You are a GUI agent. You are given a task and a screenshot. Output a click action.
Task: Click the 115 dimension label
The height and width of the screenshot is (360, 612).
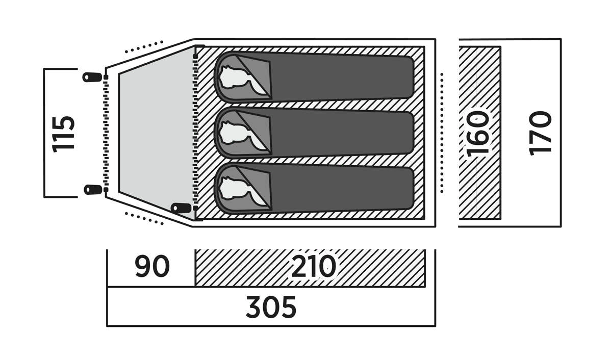[63, 134]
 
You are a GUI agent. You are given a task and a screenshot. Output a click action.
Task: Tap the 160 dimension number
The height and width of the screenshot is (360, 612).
[478, 134]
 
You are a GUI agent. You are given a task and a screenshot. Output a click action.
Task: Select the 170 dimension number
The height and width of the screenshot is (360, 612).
[540, 134]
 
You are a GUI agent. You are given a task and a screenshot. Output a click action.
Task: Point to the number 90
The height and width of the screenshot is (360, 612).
[152, 266]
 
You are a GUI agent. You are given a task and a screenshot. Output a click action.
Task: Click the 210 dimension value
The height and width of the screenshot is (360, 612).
[313, 266]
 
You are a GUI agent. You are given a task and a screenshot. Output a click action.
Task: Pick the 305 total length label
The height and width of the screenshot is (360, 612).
[271, 307]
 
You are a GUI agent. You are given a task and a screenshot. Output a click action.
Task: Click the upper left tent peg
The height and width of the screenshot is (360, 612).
[92, 78]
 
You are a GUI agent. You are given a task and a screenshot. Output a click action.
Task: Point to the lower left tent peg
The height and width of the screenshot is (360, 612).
[93, 190]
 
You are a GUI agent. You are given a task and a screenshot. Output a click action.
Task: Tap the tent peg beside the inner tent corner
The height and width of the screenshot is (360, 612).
[181, 209]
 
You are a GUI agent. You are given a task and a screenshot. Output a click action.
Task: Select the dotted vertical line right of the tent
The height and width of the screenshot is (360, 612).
[442, 133]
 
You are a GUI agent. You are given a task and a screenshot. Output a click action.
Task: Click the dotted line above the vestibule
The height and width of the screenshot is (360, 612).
[144, 47]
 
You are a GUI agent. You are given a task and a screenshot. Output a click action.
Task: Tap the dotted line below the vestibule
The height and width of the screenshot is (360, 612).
[144, 219]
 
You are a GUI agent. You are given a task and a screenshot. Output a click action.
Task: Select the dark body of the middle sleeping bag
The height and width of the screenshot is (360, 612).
[342, 133]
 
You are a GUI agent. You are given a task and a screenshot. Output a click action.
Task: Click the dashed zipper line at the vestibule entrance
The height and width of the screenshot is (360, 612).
[106, 134]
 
